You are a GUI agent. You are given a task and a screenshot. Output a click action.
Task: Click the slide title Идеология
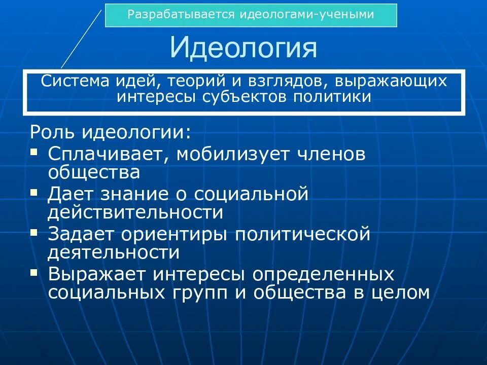tap(243, 48)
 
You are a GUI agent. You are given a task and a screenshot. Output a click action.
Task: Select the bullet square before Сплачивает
tap(34, 151)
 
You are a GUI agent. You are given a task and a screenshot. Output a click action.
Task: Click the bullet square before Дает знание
tap(34, 192)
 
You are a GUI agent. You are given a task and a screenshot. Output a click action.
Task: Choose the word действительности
tap(135, 212)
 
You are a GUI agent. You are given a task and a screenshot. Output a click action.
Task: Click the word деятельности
tap(114, 252)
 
